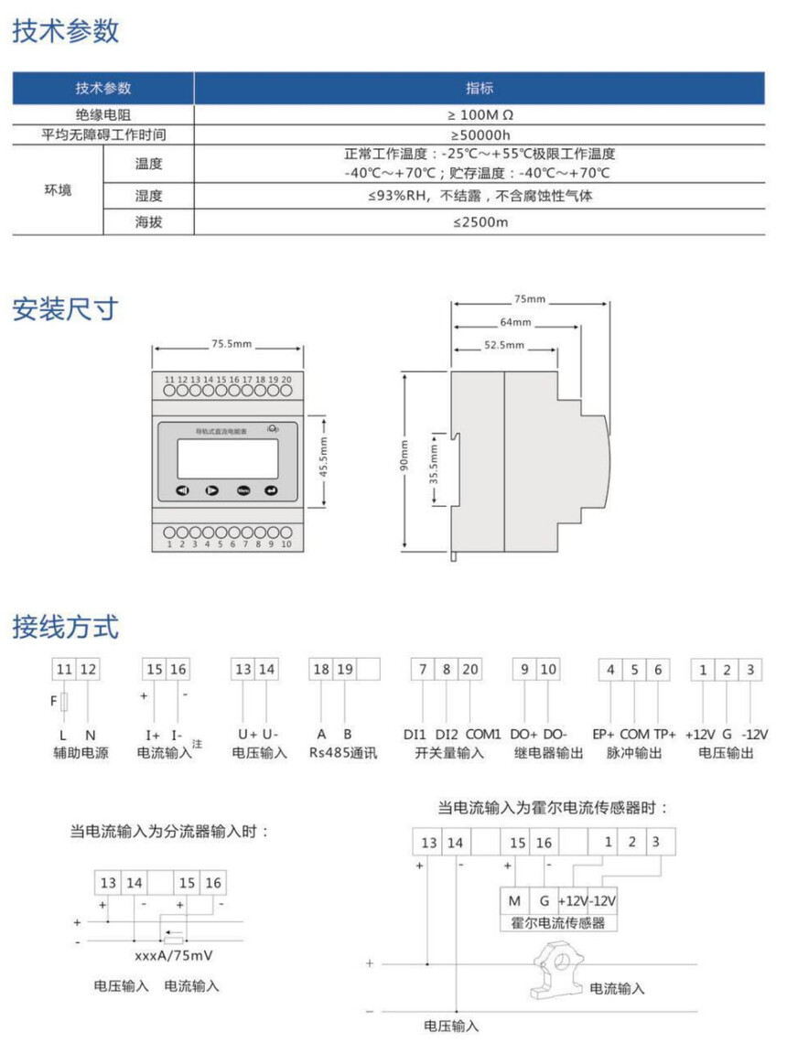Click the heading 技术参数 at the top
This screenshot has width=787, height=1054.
coord(66,31)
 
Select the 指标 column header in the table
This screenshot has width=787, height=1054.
coord(480,89)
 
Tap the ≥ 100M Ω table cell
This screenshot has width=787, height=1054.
coord(480,116)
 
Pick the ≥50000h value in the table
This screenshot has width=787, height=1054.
coord(480,134)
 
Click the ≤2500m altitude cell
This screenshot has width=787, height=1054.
coord(480,221)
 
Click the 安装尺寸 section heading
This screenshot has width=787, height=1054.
coord(66,309)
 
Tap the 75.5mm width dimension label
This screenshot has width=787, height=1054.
coord(231,346)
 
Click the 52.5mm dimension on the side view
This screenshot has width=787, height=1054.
coord(503,346)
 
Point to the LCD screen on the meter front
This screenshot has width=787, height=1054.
coord(228,457)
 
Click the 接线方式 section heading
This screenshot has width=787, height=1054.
coord(66,628)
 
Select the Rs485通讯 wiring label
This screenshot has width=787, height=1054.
coord(343,753)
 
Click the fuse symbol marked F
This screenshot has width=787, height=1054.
coord(63,702)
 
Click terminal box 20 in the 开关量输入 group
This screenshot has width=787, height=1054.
coord(469,670)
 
